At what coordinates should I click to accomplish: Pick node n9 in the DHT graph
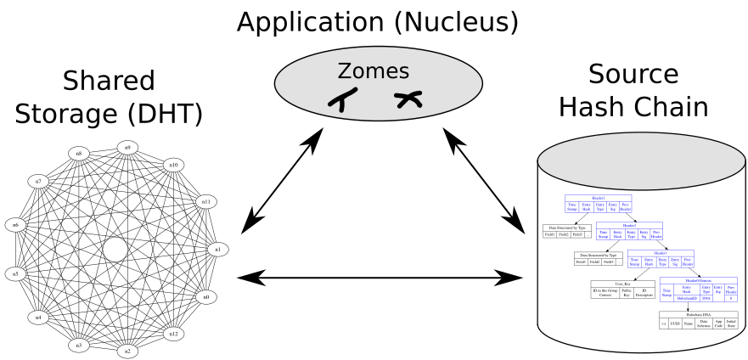point(127,148)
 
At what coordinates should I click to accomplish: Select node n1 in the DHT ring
point(217,250)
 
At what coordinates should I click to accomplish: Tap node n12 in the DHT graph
point(174,334)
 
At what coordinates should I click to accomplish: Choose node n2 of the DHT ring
point(127,350)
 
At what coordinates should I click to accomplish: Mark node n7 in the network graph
point(38,182)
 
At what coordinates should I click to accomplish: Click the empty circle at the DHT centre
point(115,250)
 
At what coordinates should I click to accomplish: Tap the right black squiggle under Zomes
point(408,100)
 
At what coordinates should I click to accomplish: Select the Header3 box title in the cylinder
point(599,198)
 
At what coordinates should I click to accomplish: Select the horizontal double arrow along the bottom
point(380,276)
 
